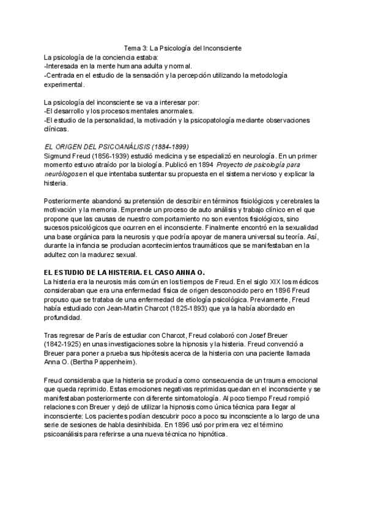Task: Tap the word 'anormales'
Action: point(175,111)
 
